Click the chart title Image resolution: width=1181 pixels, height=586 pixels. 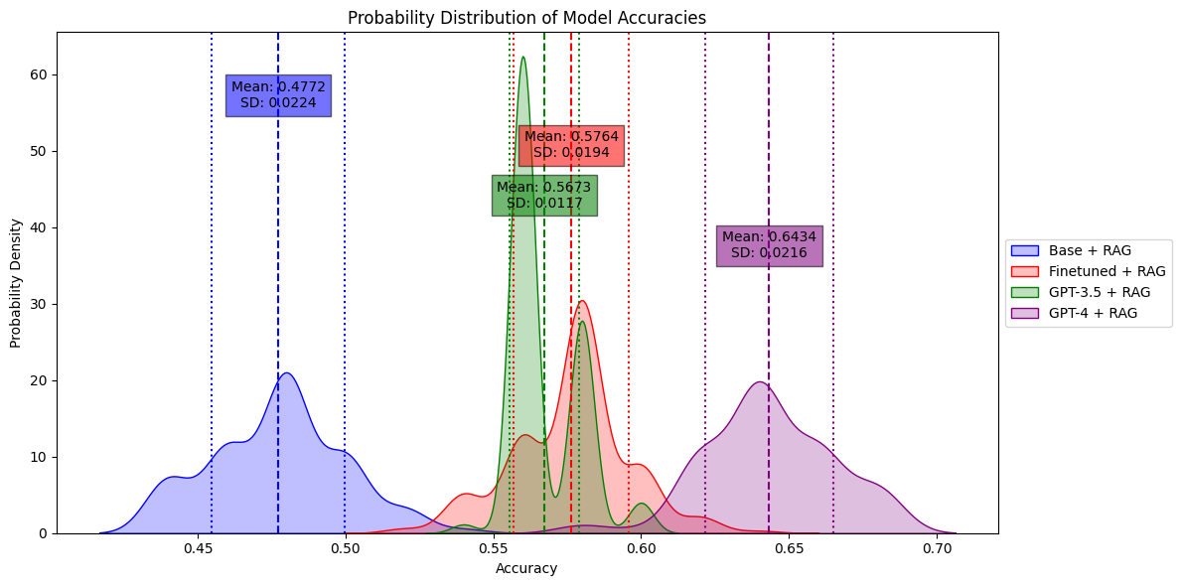[x=526, y=18]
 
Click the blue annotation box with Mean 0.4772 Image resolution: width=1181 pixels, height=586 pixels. [x=278, y=95]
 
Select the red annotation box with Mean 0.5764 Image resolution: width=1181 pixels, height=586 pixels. [x=571, y=145]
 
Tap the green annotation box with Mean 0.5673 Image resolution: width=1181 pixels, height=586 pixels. [x=544, y=196]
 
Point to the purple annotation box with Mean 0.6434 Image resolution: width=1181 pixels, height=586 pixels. [x=769, y=245]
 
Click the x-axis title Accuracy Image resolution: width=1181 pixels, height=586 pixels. [x=526, y=569]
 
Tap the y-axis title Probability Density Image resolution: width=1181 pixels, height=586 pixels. [x=16, y=283]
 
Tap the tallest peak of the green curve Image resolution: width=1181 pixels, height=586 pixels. [x=523, y=57]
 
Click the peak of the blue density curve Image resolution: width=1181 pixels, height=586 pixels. [x=286, y=373]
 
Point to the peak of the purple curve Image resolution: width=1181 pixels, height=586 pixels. [x=760, y=381]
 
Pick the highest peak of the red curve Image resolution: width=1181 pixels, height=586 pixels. [x=581, y=301]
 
